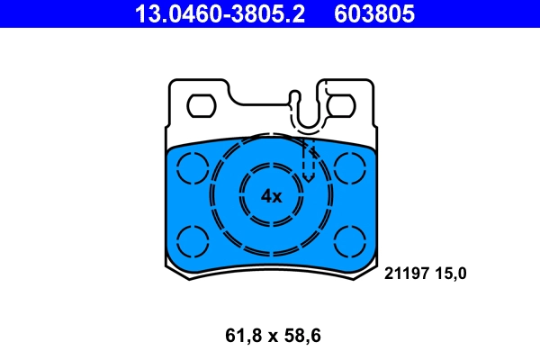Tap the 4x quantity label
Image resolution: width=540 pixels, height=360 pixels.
(271, 196)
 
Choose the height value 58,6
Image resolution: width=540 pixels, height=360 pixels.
(301, 337)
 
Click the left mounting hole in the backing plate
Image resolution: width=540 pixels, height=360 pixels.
(200, 106)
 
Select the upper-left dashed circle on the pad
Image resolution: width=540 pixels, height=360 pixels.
(192, 166)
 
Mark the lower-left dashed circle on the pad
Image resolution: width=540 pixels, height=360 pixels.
(192, 240)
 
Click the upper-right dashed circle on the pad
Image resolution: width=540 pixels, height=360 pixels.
(348, 166)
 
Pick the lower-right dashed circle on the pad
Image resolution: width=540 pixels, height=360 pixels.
(348, 240)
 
